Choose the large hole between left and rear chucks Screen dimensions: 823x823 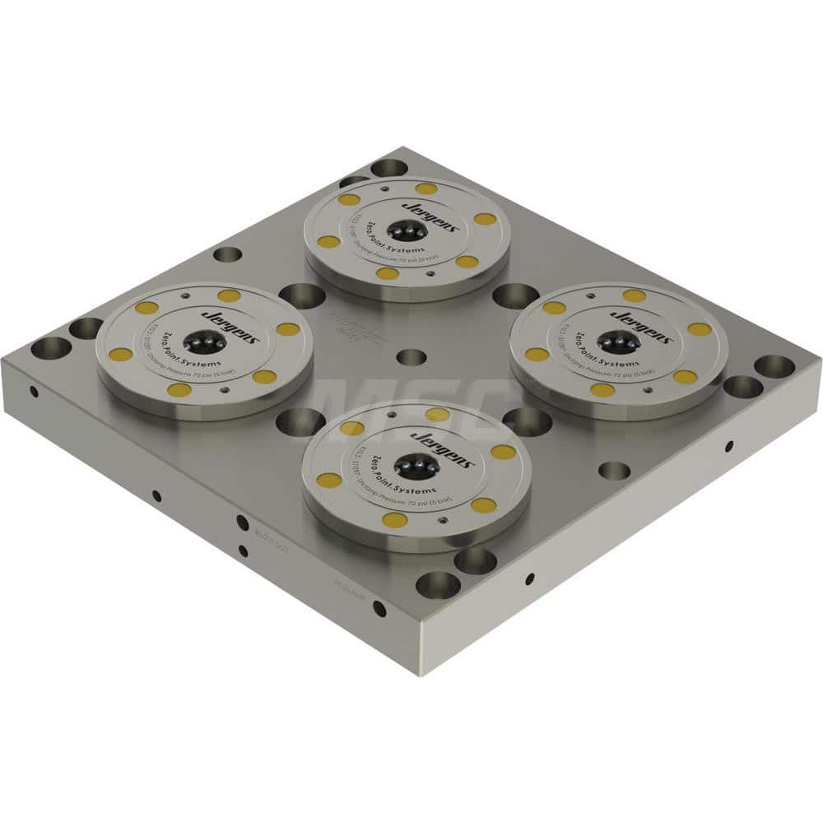[301, 295]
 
